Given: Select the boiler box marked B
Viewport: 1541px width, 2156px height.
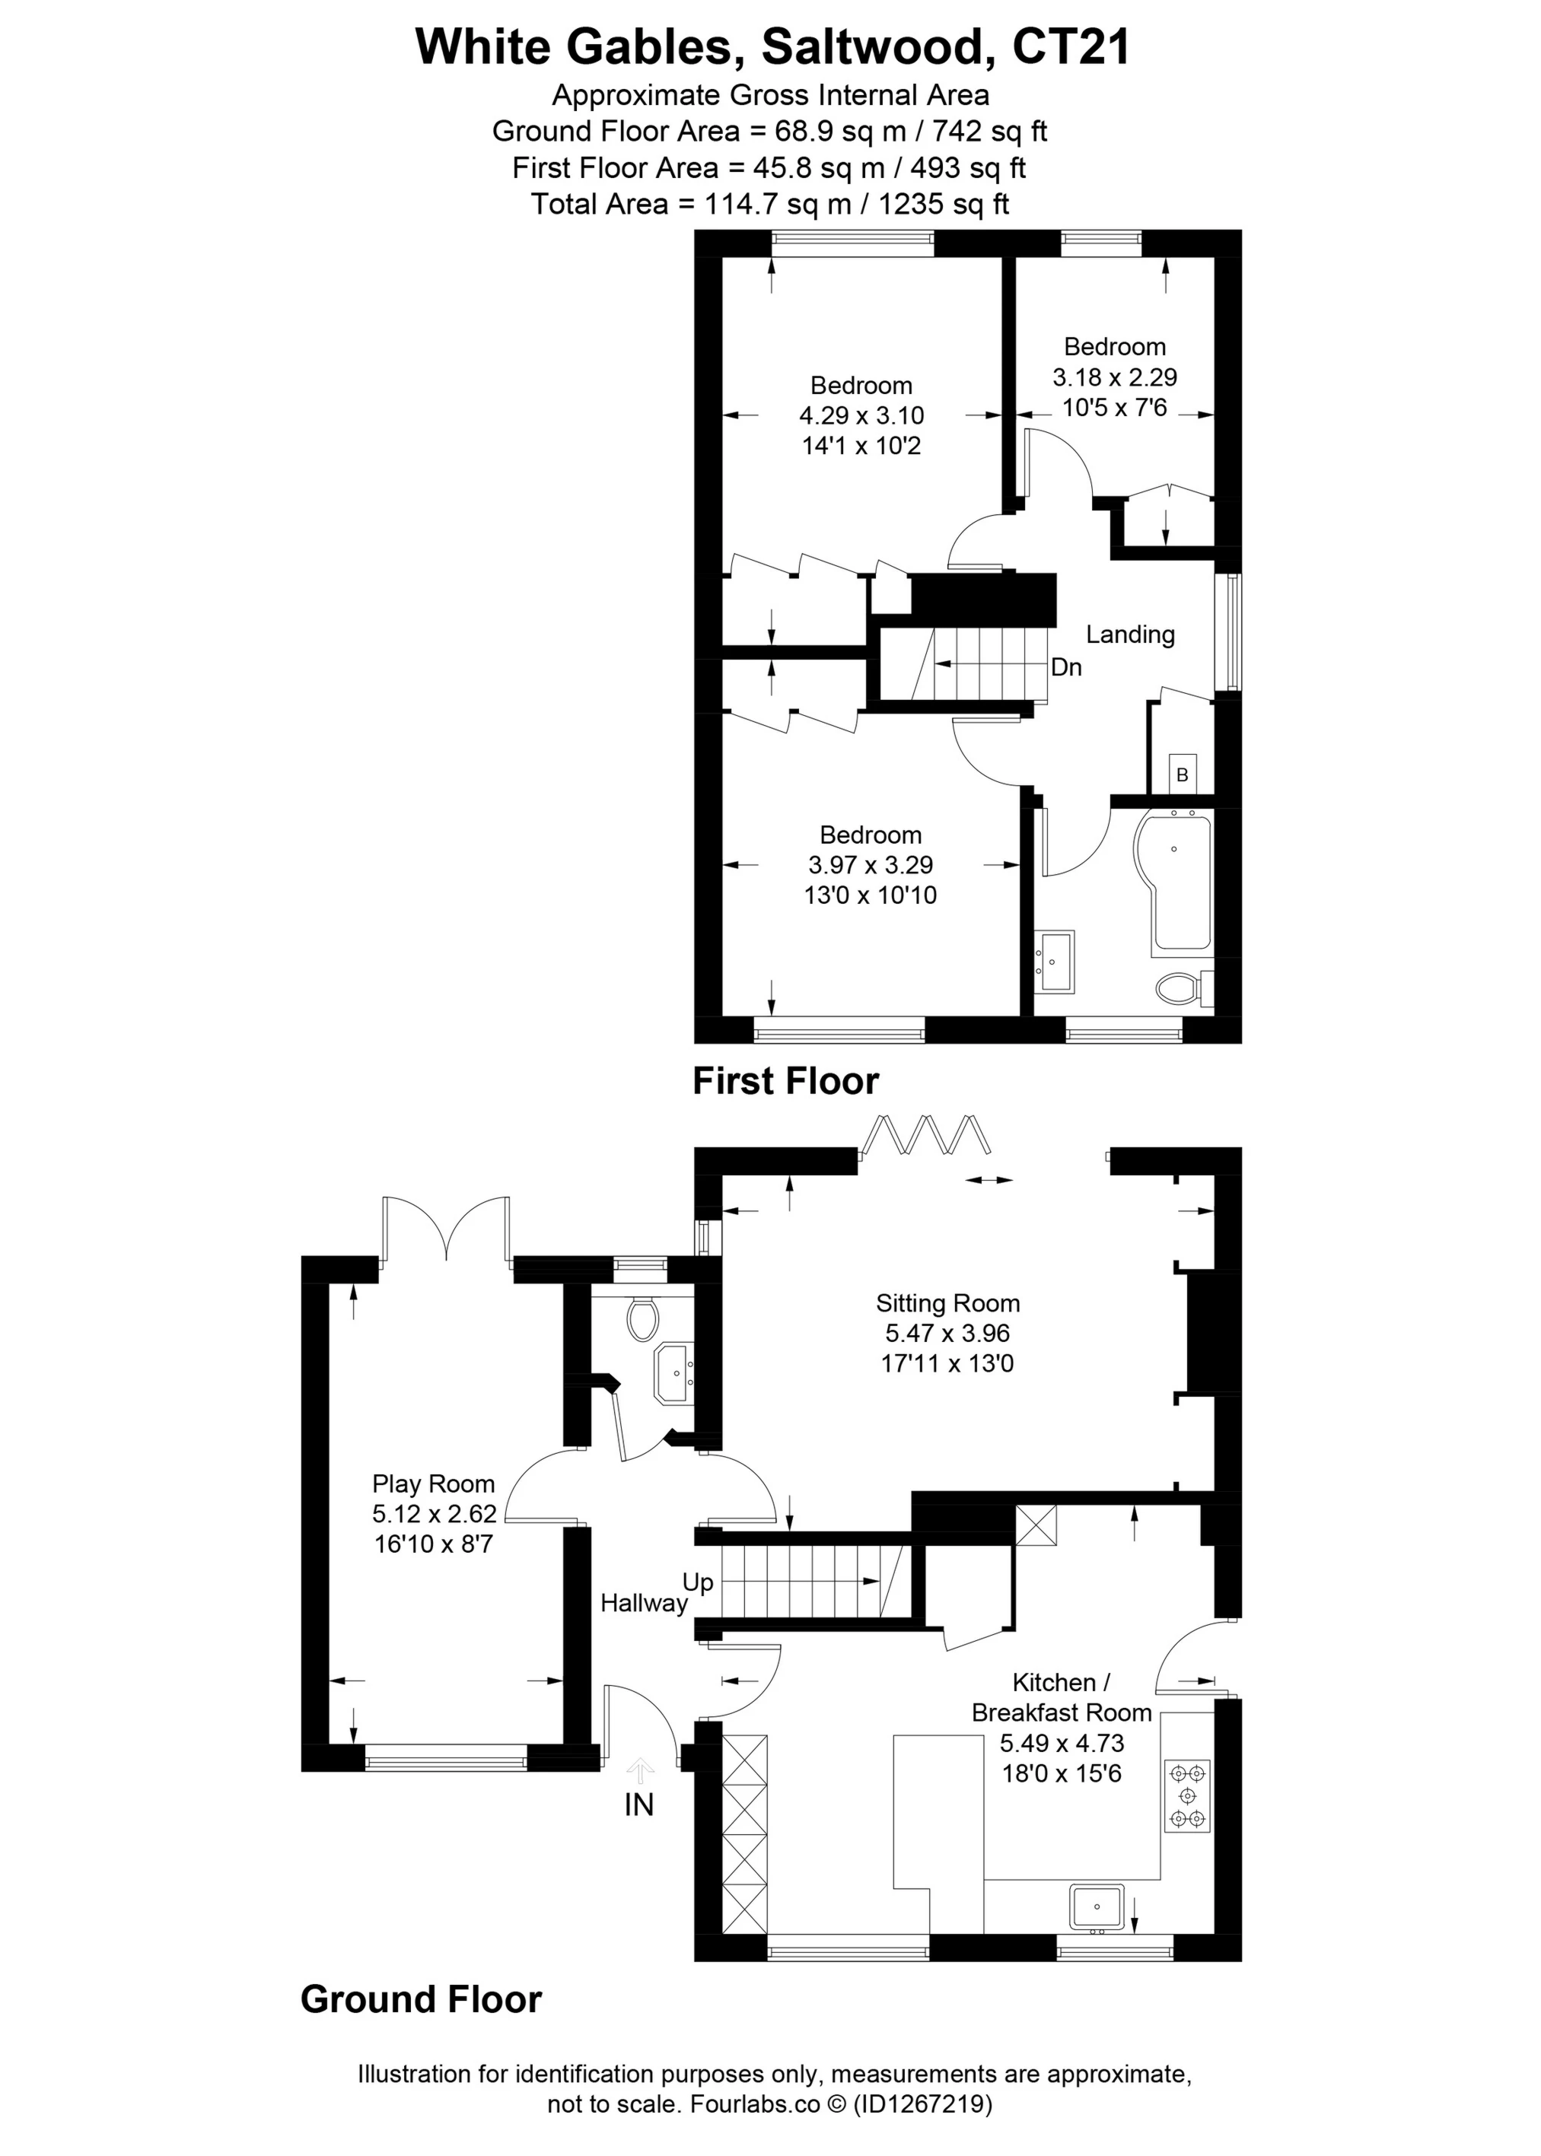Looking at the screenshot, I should [x=1183, y=774].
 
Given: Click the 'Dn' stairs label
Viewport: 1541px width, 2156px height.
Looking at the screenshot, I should [x=1067, y=667].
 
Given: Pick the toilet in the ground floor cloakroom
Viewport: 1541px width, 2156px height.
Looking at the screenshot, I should [x=643, y=1318].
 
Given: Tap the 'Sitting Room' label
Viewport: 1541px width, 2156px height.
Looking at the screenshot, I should [x=947, y=1303].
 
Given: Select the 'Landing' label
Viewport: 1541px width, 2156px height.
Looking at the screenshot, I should [x=1130, y=634].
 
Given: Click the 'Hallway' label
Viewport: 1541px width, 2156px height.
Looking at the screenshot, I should [x=643, y=1603].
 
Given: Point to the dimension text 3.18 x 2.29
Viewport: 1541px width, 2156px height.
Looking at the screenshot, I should [x=1114, y=377].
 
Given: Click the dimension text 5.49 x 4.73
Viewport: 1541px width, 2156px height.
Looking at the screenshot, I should [x=1061, y=1744].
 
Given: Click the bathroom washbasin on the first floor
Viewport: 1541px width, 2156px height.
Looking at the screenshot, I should [x=1054, y=961].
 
